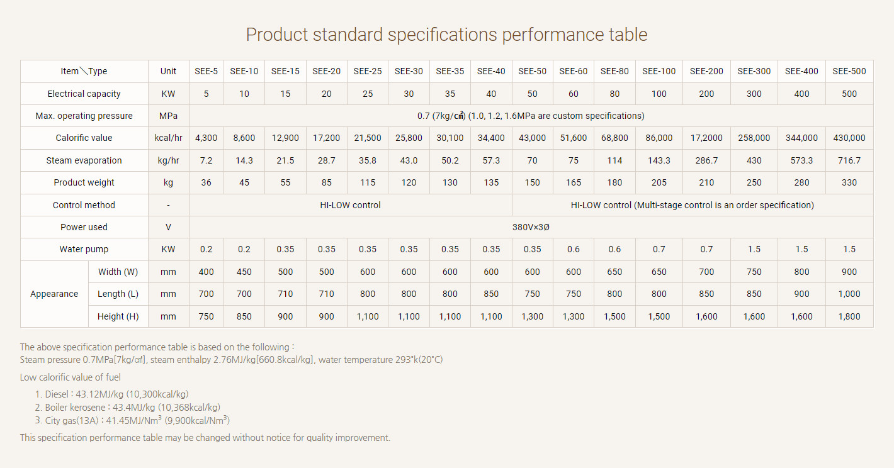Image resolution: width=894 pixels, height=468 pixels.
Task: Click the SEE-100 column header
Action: (x=659, y=71)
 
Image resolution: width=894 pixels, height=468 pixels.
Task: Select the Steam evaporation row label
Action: (x=84, y=160)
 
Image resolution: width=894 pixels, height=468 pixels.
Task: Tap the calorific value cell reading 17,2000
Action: (x=706, y=138)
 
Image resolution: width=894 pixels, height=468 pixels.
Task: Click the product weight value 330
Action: (x=849, y=182)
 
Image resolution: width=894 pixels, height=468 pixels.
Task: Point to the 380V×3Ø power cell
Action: (x=531, y=227)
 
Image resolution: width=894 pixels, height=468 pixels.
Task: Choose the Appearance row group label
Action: (x=54, y=294)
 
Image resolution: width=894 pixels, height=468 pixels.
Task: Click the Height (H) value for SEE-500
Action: (x=849, y=316)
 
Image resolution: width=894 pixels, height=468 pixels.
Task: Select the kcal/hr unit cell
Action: (x=169, y=138)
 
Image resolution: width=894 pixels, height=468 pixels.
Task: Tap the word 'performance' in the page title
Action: (x=553, y=35)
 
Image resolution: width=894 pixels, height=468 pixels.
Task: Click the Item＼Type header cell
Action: (x=84, y=71)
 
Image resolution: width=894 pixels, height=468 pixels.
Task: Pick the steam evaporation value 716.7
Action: (x=849, y=160)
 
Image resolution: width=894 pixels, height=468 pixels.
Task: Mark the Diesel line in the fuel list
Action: (x=111, y=394)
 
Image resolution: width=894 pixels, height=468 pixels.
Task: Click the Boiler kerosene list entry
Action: (x=127, y=408)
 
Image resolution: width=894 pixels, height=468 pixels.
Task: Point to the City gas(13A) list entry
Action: (x=132, y=420)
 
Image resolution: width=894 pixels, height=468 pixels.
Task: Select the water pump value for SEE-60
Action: (x=574, y=249)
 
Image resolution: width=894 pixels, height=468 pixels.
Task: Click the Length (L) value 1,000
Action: (x=849, y=294)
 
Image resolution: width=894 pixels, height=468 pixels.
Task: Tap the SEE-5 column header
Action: (x=207, y=71)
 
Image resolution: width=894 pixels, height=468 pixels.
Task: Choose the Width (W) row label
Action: (x=118, y=272)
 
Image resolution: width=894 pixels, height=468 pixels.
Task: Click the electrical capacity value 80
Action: (x=614, y=94)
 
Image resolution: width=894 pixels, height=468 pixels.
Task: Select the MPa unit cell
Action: (x=169, y=116)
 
